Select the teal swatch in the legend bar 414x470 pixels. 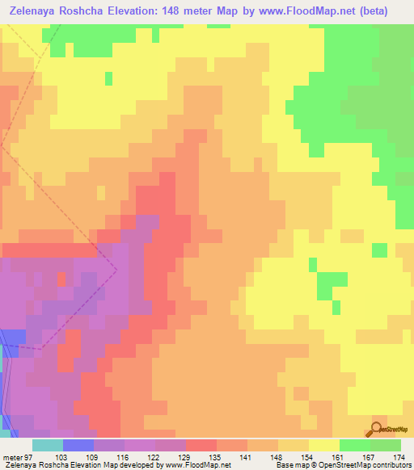click(x=47, y=445)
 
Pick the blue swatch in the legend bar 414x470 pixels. click(x=78, y=445)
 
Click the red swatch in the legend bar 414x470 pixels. click(x=201, y=445)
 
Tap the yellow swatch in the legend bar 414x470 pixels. click(x=323, y=445)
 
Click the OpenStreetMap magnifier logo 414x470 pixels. click(x=378, y=429)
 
